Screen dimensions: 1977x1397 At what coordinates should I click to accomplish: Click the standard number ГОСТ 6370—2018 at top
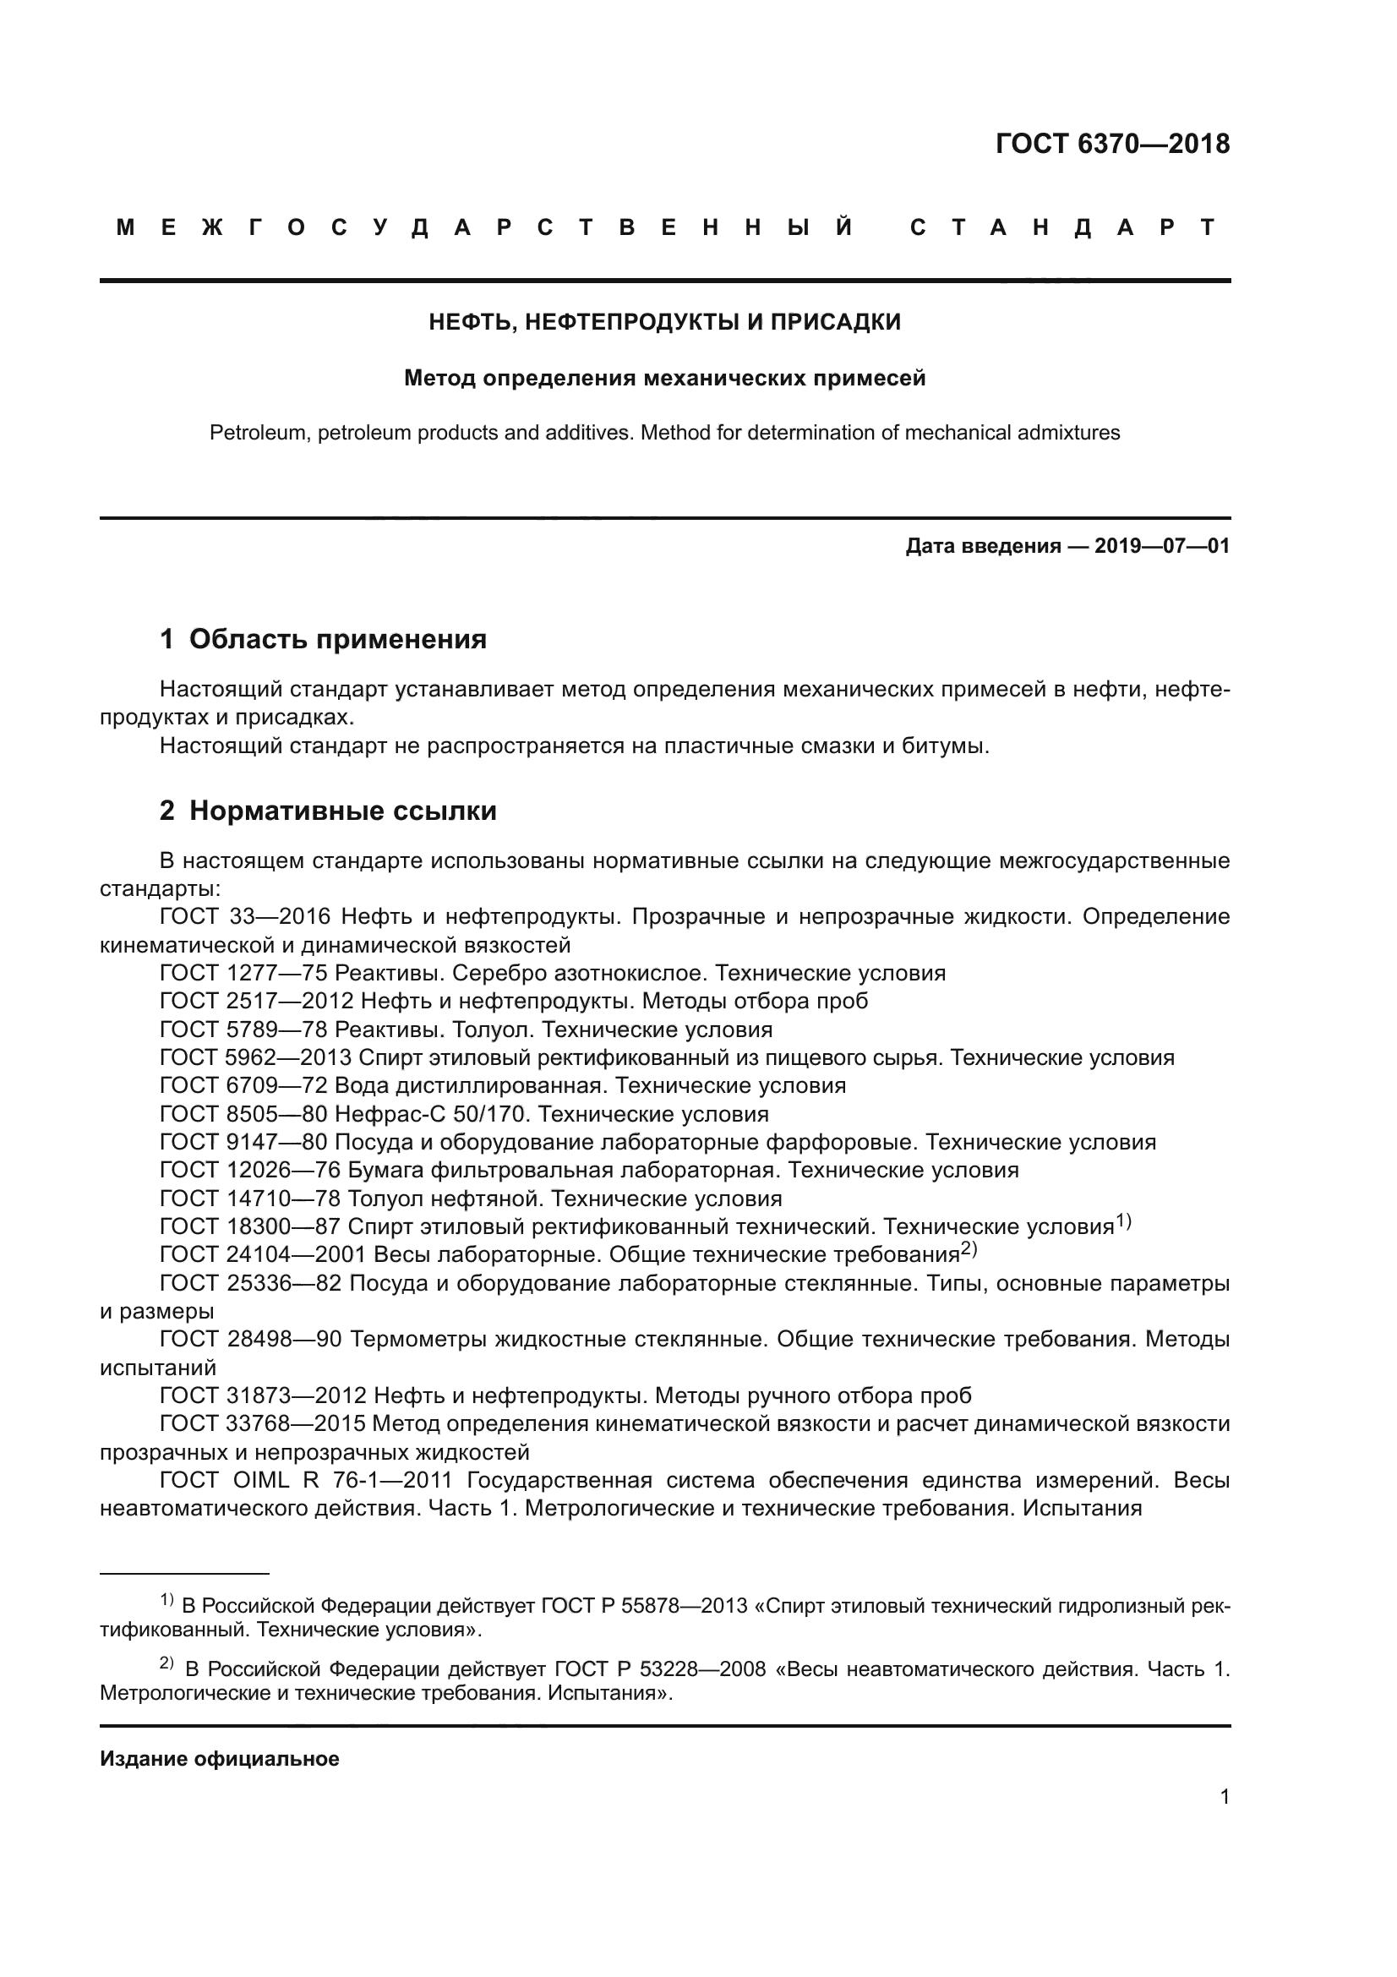pos(1112,144)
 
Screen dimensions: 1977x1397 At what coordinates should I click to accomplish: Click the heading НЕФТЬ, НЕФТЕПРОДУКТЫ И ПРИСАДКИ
pos(664,322)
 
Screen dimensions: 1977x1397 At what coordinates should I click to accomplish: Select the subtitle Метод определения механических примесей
pos(664,378)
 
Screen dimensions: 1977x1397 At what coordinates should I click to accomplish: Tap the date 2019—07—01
pos(1161,546)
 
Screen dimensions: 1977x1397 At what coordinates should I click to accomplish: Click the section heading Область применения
pos(337,639)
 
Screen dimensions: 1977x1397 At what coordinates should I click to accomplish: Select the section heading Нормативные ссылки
pos(342,811)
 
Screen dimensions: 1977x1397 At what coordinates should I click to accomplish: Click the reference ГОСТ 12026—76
pos(250,1170)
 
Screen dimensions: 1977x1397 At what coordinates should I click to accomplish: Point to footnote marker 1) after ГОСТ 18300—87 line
pos(1123,1221)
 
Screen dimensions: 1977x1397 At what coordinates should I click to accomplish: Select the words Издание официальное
pos(220,1759)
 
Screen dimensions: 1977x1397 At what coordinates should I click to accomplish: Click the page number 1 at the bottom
pos(1224,1797)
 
